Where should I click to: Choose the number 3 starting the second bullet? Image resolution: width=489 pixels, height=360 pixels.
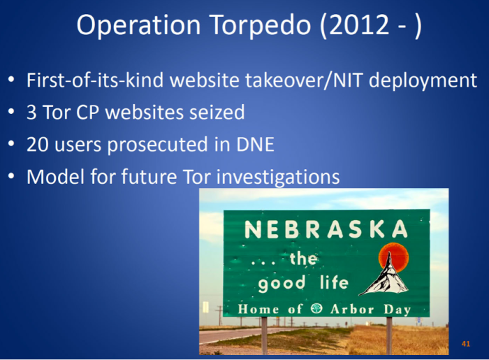(32, 113)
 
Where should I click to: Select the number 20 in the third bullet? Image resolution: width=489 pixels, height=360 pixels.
(37, 145)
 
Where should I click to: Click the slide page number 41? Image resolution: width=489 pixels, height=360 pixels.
(466, 344)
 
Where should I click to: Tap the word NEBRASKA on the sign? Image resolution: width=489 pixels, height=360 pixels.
(326, 229)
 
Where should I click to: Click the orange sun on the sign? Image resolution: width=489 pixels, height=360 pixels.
(392, 256)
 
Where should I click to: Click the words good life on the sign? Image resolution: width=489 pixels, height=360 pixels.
(303, 283)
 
